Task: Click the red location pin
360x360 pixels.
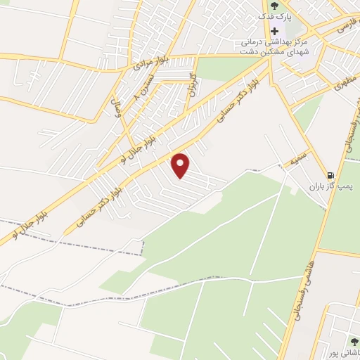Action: [181, 165]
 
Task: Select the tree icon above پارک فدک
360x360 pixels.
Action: [274, 6]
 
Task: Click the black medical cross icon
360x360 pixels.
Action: [274, 32]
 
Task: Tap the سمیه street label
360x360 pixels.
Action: [294, 162]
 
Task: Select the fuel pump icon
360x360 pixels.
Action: [330, 175]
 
